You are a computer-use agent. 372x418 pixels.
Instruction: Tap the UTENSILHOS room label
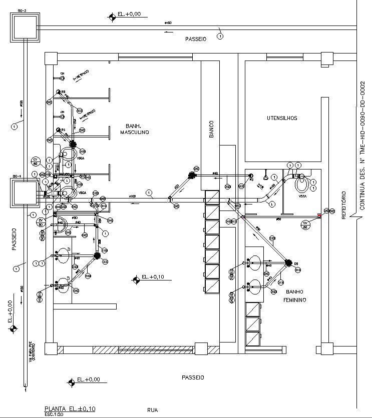click(282, 118)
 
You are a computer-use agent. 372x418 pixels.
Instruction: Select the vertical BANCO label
click(212, 129)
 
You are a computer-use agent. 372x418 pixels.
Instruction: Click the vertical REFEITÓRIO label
click(343, 205)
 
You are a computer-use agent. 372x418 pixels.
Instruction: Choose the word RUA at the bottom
click(152, 410)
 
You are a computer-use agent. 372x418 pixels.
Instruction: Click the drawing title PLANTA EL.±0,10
click(70, 408)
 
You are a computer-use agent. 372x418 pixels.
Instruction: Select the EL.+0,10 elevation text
click(153, 276)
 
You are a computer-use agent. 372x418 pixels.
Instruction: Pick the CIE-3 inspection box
click(26, 26)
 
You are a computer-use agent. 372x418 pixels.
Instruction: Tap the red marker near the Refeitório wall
click(319, 216)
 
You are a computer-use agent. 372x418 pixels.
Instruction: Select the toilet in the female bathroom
click(302, 184)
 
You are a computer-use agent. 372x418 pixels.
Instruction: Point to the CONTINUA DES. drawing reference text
click(362, 145)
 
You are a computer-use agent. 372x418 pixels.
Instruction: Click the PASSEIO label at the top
click(195, 39)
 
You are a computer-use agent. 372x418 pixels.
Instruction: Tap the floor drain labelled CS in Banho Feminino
click(288, 263)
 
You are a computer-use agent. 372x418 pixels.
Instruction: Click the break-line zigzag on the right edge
click(356, 216)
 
